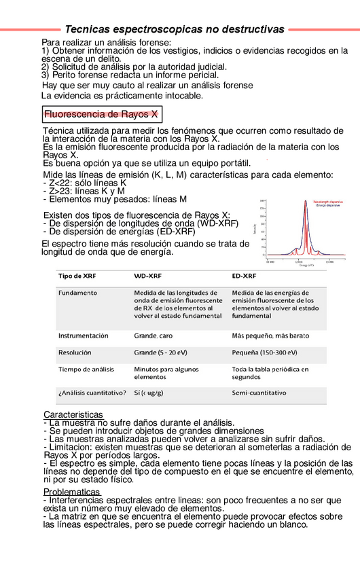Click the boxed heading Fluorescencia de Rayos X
click(101, 115)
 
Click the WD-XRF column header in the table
click(147, 276)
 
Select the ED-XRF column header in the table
click(244, 276)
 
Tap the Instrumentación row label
click(83, 336)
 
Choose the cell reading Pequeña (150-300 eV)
click(264, 353)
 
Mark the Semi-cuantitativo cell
click(259, 393)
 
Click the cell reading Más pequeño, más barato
click(270, 336)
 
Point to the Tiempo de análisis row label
click(86, 370)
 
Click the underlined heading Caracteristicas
click(73, 414)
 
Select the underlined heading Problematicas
click(71, 492)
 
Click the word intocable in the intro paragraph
click(179, 96)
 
